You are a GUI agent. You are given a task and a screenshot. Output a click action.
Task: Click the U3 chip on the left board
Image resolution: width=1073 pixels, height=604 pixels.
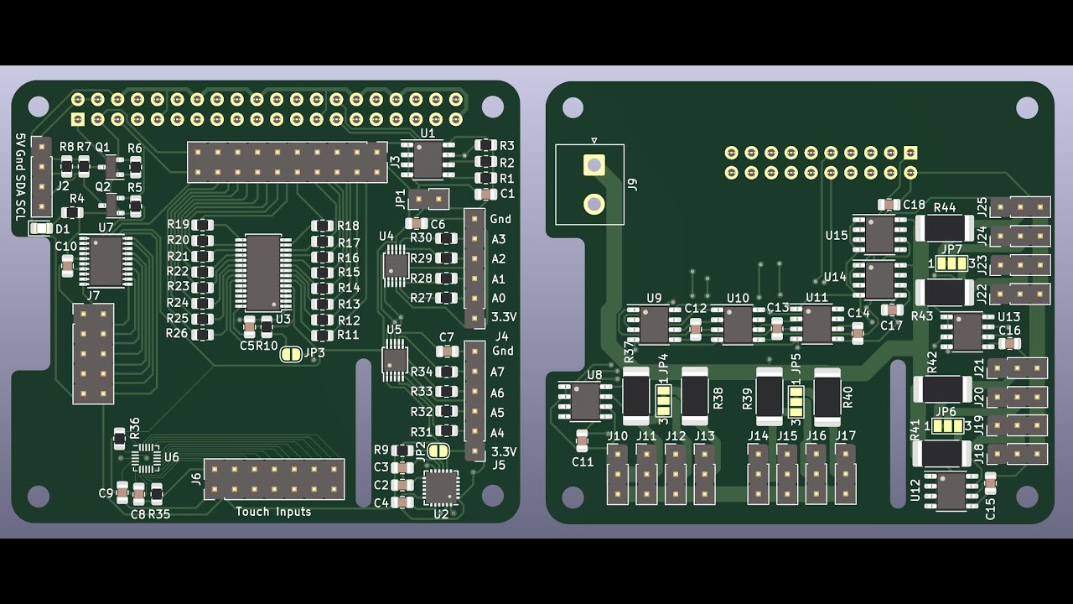263,273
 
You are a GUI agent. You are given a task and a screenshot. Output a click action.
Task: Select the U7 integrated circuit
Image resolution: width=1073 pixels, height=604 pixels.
106,261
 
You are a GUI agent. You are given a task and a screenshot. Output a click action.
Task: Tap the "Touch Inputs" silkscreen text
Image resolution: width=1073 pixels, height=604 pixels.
273,512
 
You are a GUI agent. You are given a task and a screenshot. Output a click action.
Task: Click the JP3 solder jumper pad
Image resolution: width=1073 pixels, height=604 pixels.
291,354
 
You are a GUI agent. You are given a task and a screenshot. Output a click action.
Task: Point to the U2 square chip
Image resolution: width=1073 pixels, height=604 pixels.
441,487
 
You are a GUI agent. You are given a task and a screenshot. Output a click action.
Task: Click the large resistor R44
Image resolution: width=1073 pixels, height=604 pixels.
944,227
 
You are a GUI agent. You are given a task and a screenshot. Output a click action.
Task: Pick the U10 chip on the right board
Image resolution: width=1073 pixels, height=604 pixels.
738,325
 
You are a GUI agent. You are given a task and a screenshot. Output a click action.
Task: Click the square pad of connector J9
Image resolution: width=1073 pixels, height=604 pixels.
594,164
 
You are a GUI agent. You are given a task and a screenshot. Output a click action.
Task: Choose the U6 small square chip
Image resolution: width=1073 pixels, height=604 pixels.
146,457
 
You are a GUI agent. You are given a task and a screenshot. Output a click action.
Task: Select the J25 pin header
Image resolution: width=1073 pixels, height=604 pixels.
1020,206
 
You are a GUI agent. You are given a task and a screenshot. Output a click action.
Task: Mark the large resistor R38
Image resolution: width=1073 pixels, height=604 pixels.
695,397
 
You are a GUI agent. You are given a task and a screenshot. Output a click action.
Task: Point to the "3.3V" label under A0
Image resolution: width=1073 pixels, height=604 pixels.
504,317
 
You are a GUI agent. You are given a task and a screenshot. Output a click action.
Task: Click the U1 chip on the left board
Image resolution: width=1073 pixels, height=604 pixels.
428,159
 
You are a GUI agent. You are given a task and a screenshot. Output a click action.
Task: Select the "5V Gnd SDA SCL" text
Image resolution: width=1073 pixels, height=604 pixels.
21,177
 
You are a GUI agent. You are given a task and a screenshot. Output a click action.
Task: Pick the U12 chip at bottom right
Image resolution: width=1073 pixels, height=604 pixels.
951,491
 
